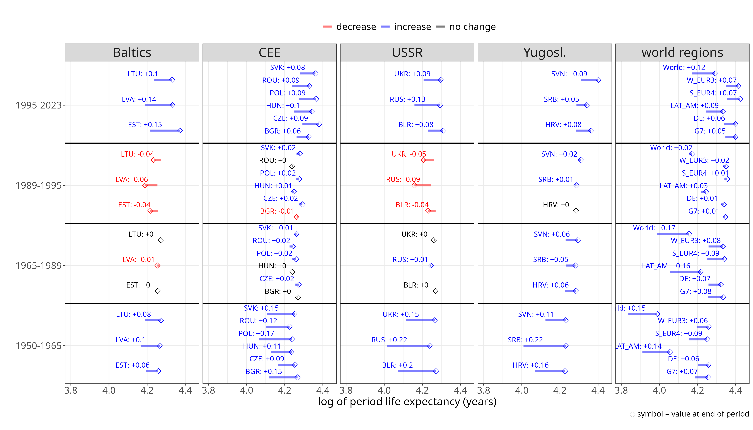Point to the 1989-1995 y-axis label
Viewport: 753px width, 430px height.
tap(38, 185)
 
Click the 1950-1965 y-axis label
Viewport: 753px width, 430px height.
tap(38, 345)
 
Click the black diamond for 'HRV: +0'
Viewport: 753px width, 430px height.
tap(576, 211)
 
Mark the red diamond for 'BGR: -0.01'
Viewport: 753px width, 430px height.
tap(296, 217)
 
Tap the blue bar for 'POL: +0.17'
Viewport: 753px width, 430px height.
tap(275, 339)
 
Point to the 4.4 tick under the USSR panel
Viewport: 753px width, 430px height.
tap(460, 390)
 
